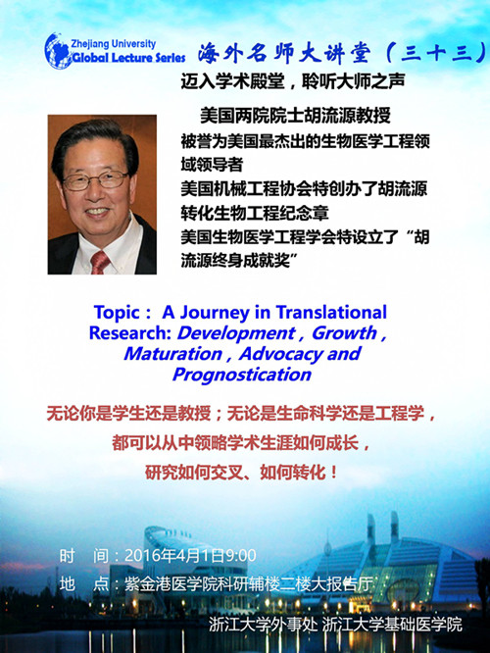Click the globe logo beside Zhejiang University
58,51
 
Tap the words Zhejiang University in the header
114,44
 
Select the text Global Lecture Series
128,58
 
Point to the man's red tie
100,263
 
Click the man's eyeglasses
95,180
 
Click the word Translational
331,313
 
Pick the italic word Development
236,333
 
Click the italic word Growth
344,332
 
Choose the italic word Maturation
172,354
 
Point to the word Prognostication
242,375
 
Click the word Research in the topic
130,333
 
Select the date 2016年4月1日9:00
191,556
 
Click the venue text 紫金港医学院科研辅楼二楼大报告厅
248,583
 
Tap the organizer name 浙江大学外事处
263,625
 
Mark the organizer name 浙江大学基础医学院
392,625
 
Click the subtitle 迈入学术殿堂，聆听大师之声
293,81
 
